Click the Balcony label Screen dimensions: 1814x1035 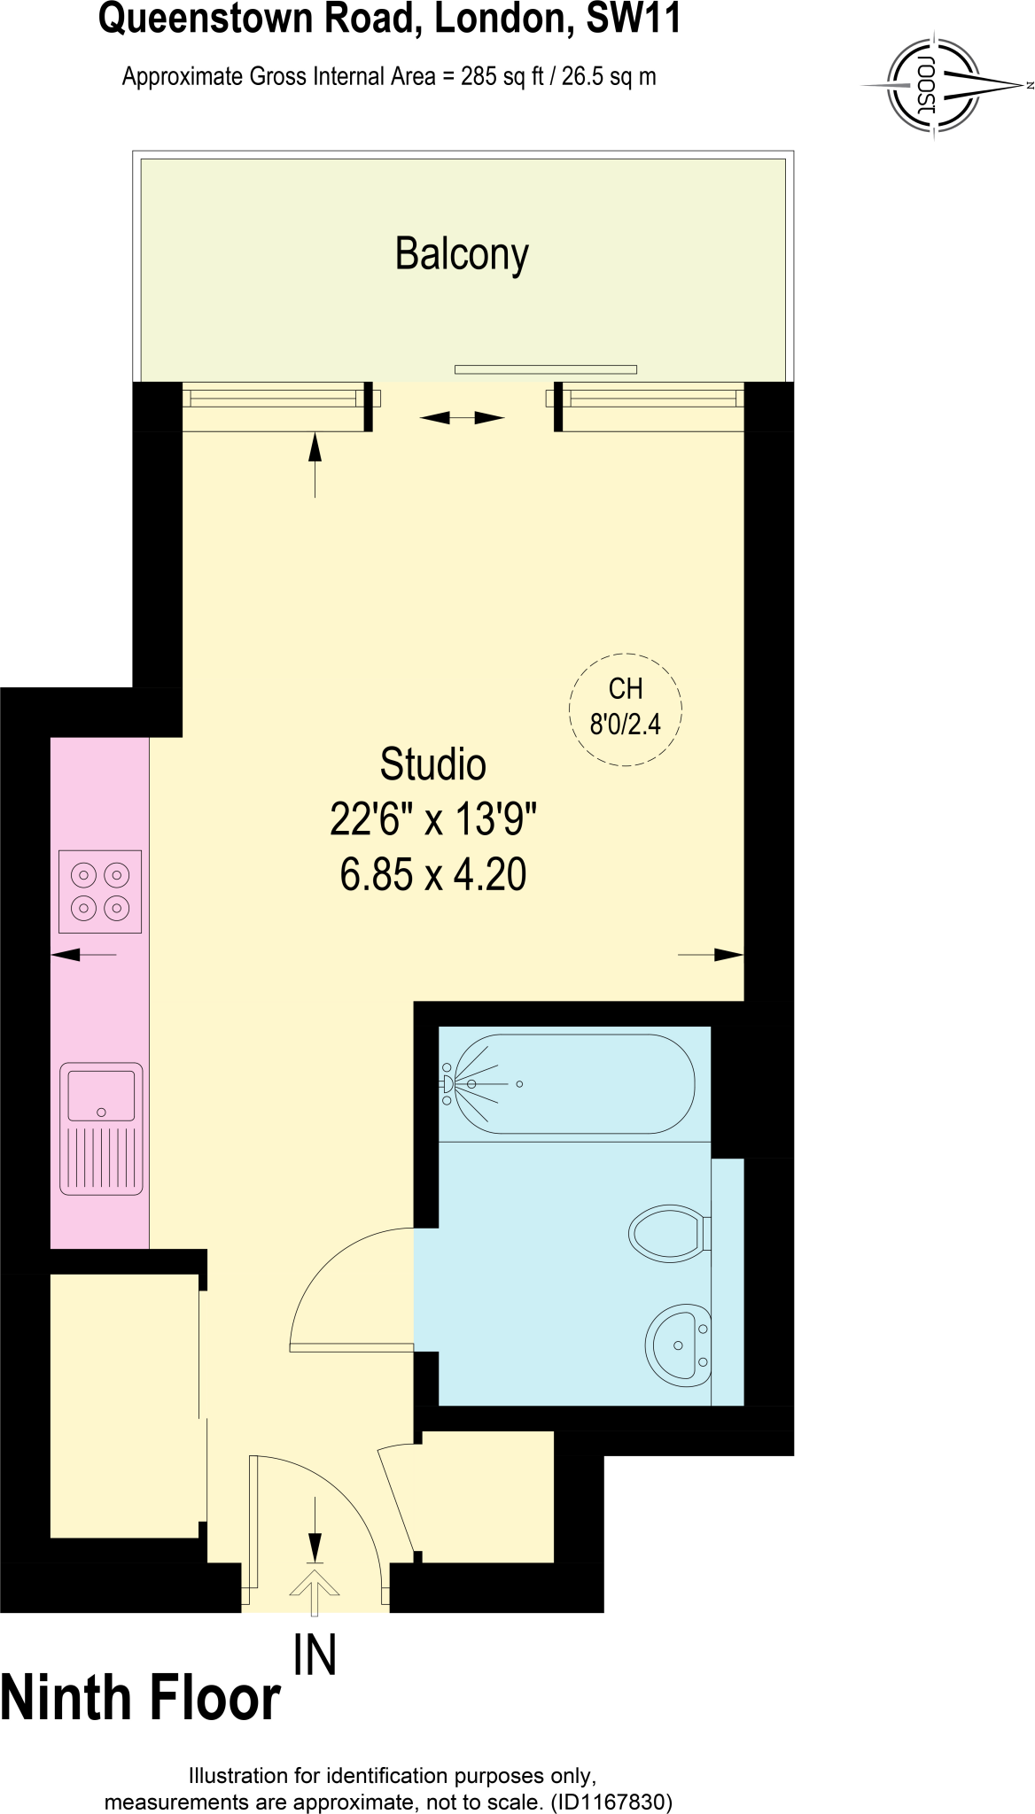(x=462, y=254)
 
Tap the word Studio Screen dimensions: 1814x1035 (x=432, y=764)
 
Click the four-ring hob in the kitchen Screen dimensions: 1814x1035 (x=100, y=891)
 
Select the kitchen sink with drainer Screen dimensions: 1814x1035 (x=101, y=1128)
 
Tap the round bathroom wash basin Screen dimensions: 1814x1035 (x=679, y=1345)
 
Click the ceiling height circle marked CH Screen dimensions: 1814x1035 (x=625, y=709)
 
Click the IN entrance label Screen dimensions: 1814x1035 (x=315, y=1655)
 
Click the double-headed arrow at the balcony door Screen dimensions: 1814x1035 (x=462, y=417)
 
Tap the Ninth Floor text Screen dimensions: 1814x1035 (x=140, y=1699)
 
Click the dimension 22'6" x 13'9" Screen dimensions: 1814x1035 (x=433, y=819)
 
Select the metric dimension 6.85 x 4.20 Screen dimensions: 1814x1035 (x=433, y=874)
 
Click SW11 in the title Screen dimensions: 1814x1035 (x=634, y=19)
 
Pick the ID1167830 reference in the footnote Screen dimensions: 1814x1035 (x=611, y=1802)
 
